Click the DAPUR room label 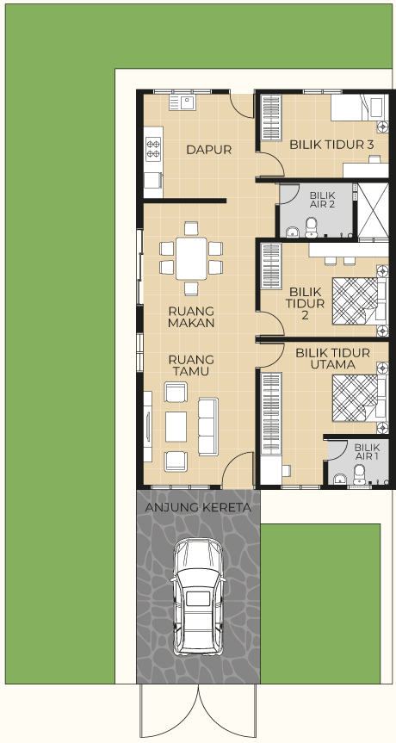coord(209,150)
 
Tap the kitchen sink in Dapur coord(183,102)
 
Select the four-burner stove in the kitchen coord(153,148)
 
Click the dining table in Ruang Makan coord(191,259)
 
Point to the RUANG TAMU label coord(191,365)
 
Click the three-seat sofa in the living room coord(208,426)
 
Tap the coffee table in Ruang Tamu coord(176,426)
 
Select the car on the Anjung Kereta coord(198,597)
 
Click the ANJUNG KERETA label coord(198,507)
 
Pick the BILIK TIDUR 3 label coord(332,145)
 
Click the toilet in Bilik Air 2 coord(312,227)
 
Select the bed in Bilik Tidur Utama coord(360,398)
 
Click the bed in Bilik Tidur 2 coord(360,300)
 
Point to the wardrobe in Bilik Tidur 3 coord(271,117)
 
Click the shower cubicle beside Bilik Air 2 coord(373,210)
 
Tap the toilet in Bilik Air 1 coord(360,474)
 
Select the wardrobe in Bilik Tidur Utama coord(271,413)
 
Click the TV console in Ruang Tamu coord(148,426)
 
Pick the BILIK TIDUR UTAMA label coord(332,359)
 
